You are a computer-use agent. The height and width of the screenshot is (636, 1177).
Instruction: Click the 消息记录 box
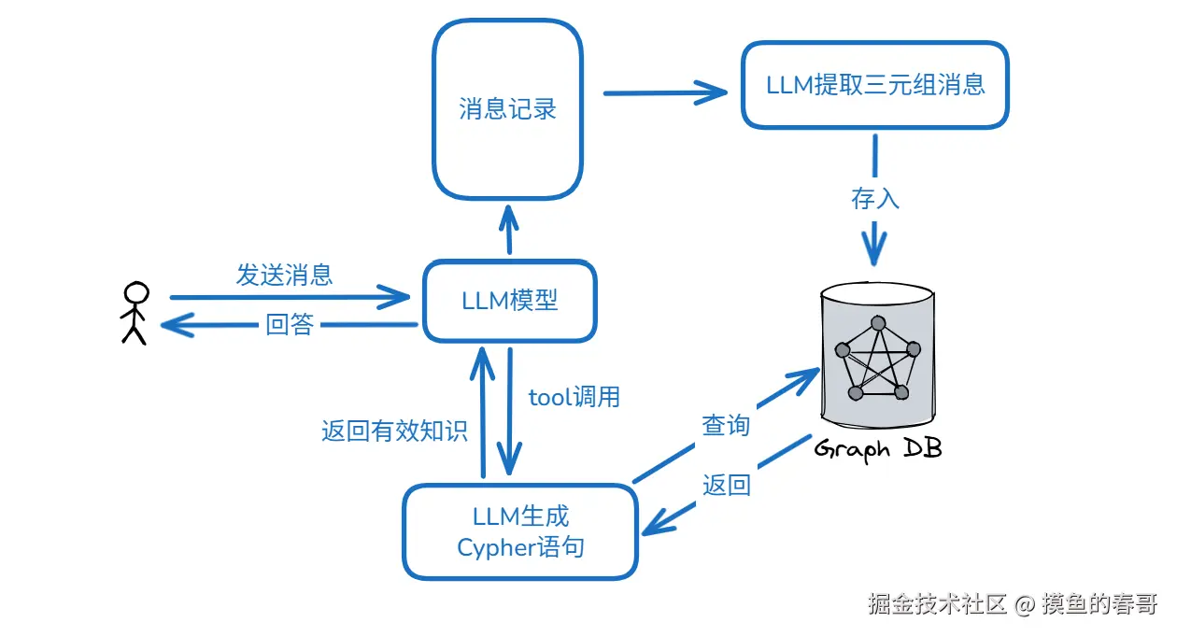[x=507, y=109]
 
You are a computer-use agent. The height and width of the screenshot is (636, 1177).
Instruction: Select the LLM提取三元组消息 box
[x=875, y=85]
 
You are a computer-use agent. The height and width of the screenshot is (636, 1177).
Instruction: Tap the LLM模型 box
[x=510, y=301]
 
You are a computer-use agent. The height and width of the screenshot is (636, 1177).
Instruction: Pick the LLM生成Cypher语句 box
[x=520, y=532]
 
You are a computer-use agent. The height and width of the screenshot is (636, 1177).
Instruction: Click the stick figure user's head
[x=136, y=293]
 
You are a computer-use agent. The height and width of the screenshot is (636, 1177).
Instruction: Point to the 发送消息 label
[x=284, y=275]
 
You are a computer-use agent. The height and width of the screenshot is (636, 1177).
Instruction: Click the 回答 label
[x=290, y=324]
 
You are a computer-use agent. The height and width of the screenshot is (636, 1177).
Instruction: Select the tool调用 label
[x=574, y=397]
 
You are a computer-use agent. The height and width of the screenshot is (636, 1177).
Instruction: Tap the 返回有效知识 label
[x=394, y=431]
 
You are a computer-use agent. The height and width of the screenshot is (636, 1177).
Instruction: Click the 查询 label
[x=726, y=425]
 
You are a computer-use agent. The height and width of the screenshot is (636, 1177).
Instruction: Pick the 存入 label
[x=875, y=199]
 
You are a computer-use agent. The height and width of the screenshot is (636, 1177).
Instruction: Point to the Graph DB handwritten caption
[x=877, y=449]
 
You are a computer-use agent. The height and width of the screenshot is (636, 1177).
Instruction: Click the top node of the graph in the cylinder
[x=878, y=323]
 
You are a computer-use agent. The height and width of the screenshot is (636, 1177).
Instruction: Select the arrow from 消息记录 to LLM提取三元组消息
[x=665, y=93]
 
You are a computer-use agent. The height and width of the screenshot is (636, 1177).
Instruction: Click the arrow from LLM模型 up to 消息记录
[x=508, y=230]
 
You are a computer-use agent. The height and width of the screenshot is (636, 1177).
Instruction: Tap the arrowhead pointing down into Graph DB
[x=873, y=247]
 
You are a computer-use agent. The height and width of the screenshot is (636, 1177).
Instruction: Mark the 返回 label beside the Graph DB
[x=726, y=485]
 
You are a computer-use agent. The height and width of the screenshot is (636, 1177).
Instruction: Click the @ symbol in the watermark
[x=1025, y=605]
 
